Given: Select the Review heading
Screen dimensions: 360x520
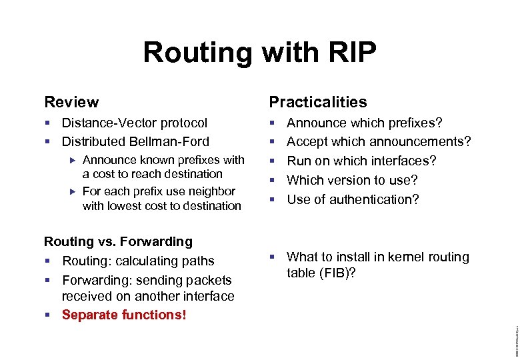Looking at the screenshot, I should click(71, 102).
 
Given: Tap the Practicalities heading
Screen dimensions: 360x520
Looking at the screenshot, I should click(317, 102).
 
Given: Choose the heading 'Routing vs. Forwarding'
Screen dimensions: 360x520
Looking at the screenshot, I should click(118, 241).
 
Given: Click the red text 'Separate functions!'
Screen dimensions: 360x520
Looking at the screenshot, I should click(124, 315).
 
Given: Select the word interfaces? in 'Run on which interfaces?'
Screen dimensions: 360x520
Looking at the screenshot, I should click(403, 161).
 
